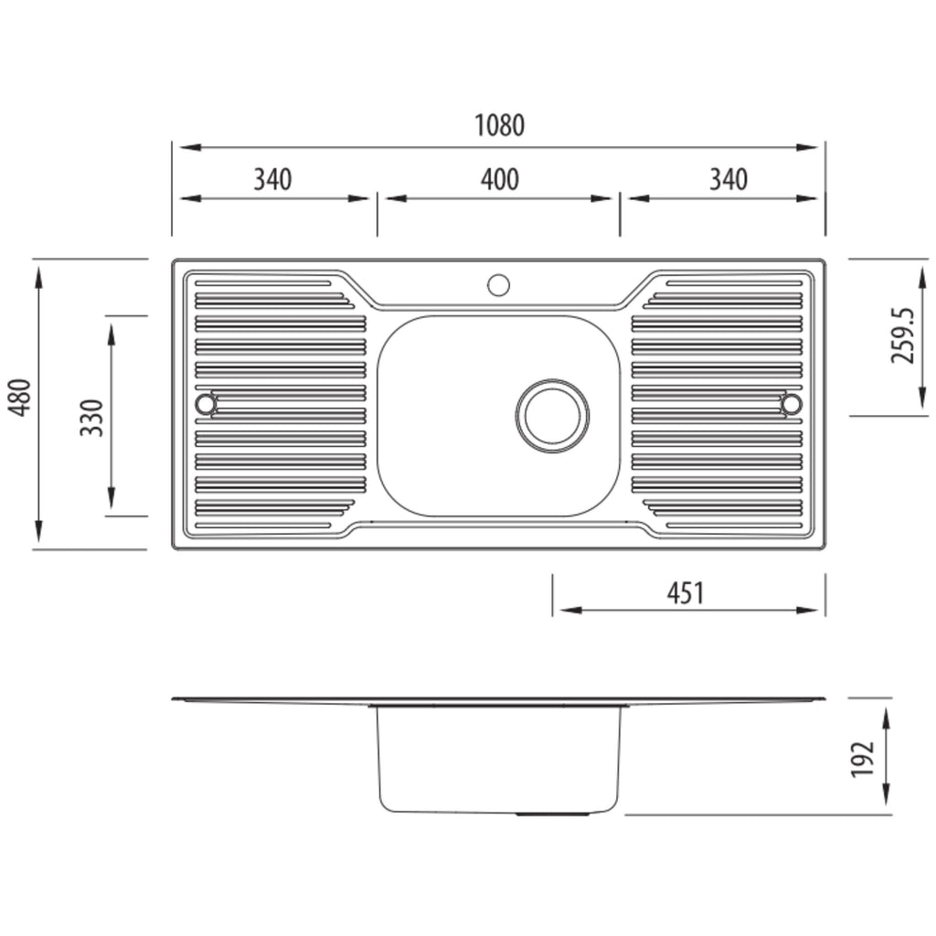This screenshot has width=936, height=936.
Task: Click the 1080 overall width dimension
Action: (x=500, y=125)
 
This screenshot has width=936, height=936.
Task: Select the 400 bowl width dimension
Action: (x=500, y=179)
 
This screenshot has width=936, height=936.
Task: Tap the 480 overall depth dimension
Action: (x=21, y=398)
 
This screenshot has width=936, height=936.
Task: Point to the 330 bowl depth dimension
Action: (x=92, y=418)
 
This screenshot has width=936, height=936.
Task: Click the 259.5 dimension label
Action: (x=902, y=335)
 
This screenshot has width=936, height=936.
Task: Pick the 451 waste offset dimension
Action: (x=686, y=592)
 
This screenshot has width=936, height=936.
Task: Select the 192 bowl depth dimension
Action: (x=862, y=760)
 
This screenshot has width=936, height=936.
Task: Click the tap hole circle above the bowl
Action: (x=498, y=285)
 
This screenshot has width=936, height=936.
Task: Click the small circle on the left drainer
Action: (x=206, y=404)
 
